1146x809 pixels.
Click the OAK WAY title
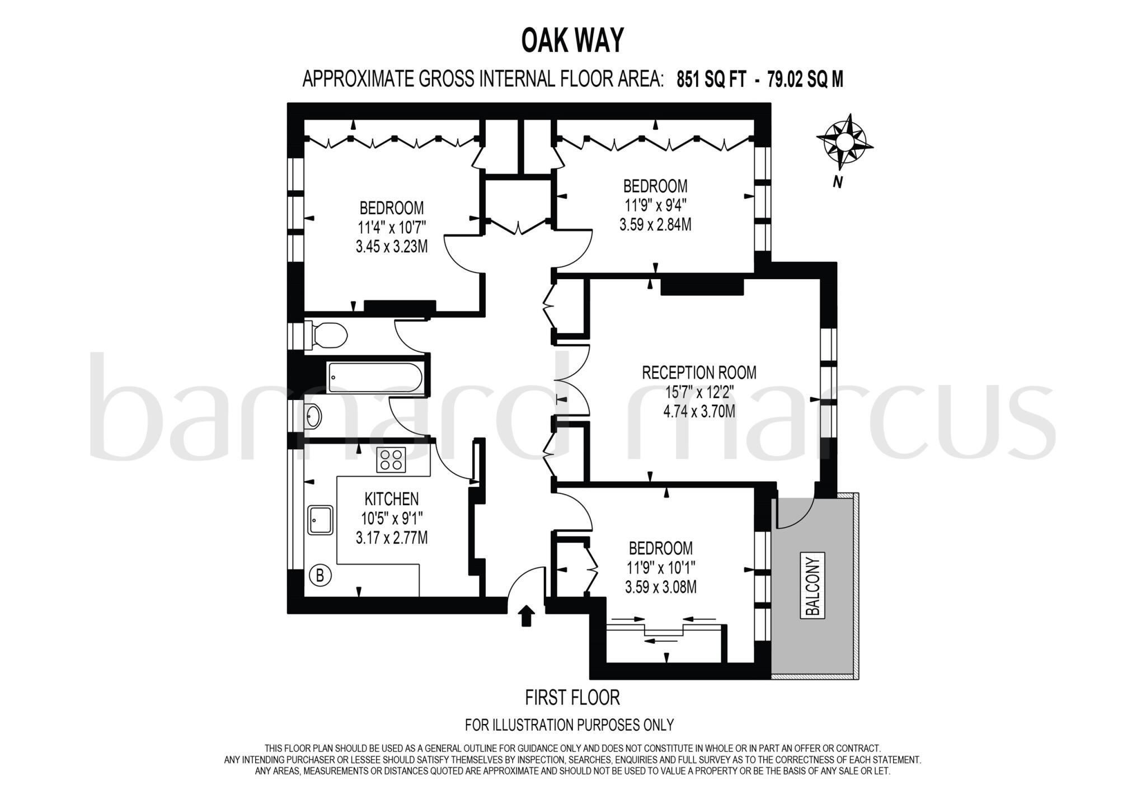pos(572,40)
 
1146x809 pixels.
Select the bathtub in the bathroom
pos(375,377)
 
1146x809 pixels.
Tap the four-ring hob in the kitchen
pos(391,459)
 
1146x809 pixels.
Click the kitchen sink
pos(320,520)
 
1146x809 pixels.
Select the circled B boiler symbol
pos(320,575)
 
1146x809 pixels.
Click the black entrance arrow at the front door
pos(526,615)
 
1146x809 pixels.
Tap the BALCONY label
pos(813,585)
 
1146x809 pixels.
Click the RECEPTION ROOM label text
pos(699,373)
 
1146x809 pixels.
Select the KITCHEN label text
pos(391,498)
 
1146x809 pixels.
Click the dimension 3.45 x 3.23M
pos(391,246)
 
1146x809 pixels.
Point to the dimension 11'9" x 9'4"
pos(655,205)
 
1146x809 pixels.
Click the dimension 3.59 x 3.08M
pos(660,587)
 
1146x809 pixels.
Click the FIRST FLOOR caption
pos(572,698)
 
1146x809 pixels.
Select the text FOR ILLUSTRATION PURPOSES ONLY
pos(569,725)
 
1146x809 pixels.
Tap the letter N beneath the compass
pos(837,182)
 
